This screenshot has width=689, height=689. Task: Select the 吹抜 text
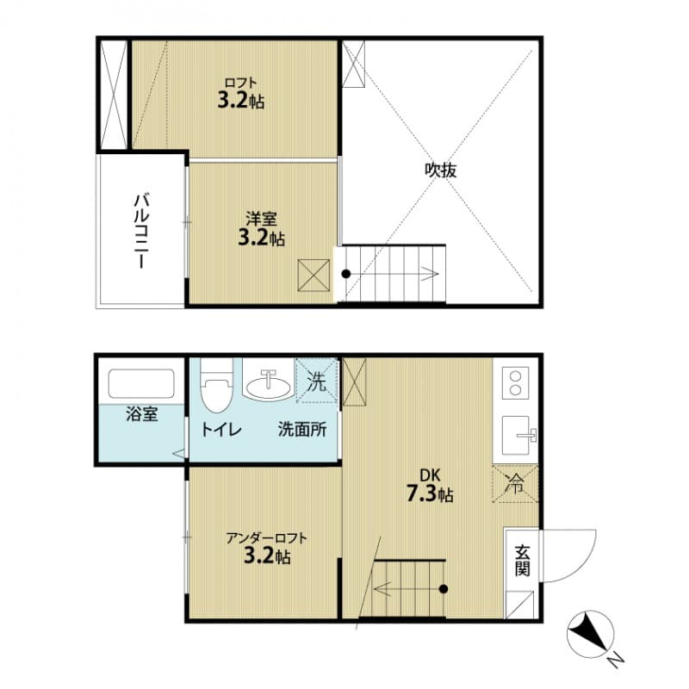coord(440,170)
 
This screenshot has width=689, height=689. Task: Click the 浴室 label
coord(141,414)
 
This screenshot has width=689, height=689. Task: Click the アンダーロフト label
coord(266,548)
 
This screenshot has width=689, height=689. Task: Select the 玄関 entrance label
coord(523,559)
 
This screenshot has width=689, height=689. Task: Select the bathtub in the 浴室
coord(141,384)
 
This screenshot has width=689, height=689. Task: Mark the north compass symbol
coord(589,635)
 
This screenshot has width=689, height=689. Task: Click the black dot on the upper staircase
coord(346,274)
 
